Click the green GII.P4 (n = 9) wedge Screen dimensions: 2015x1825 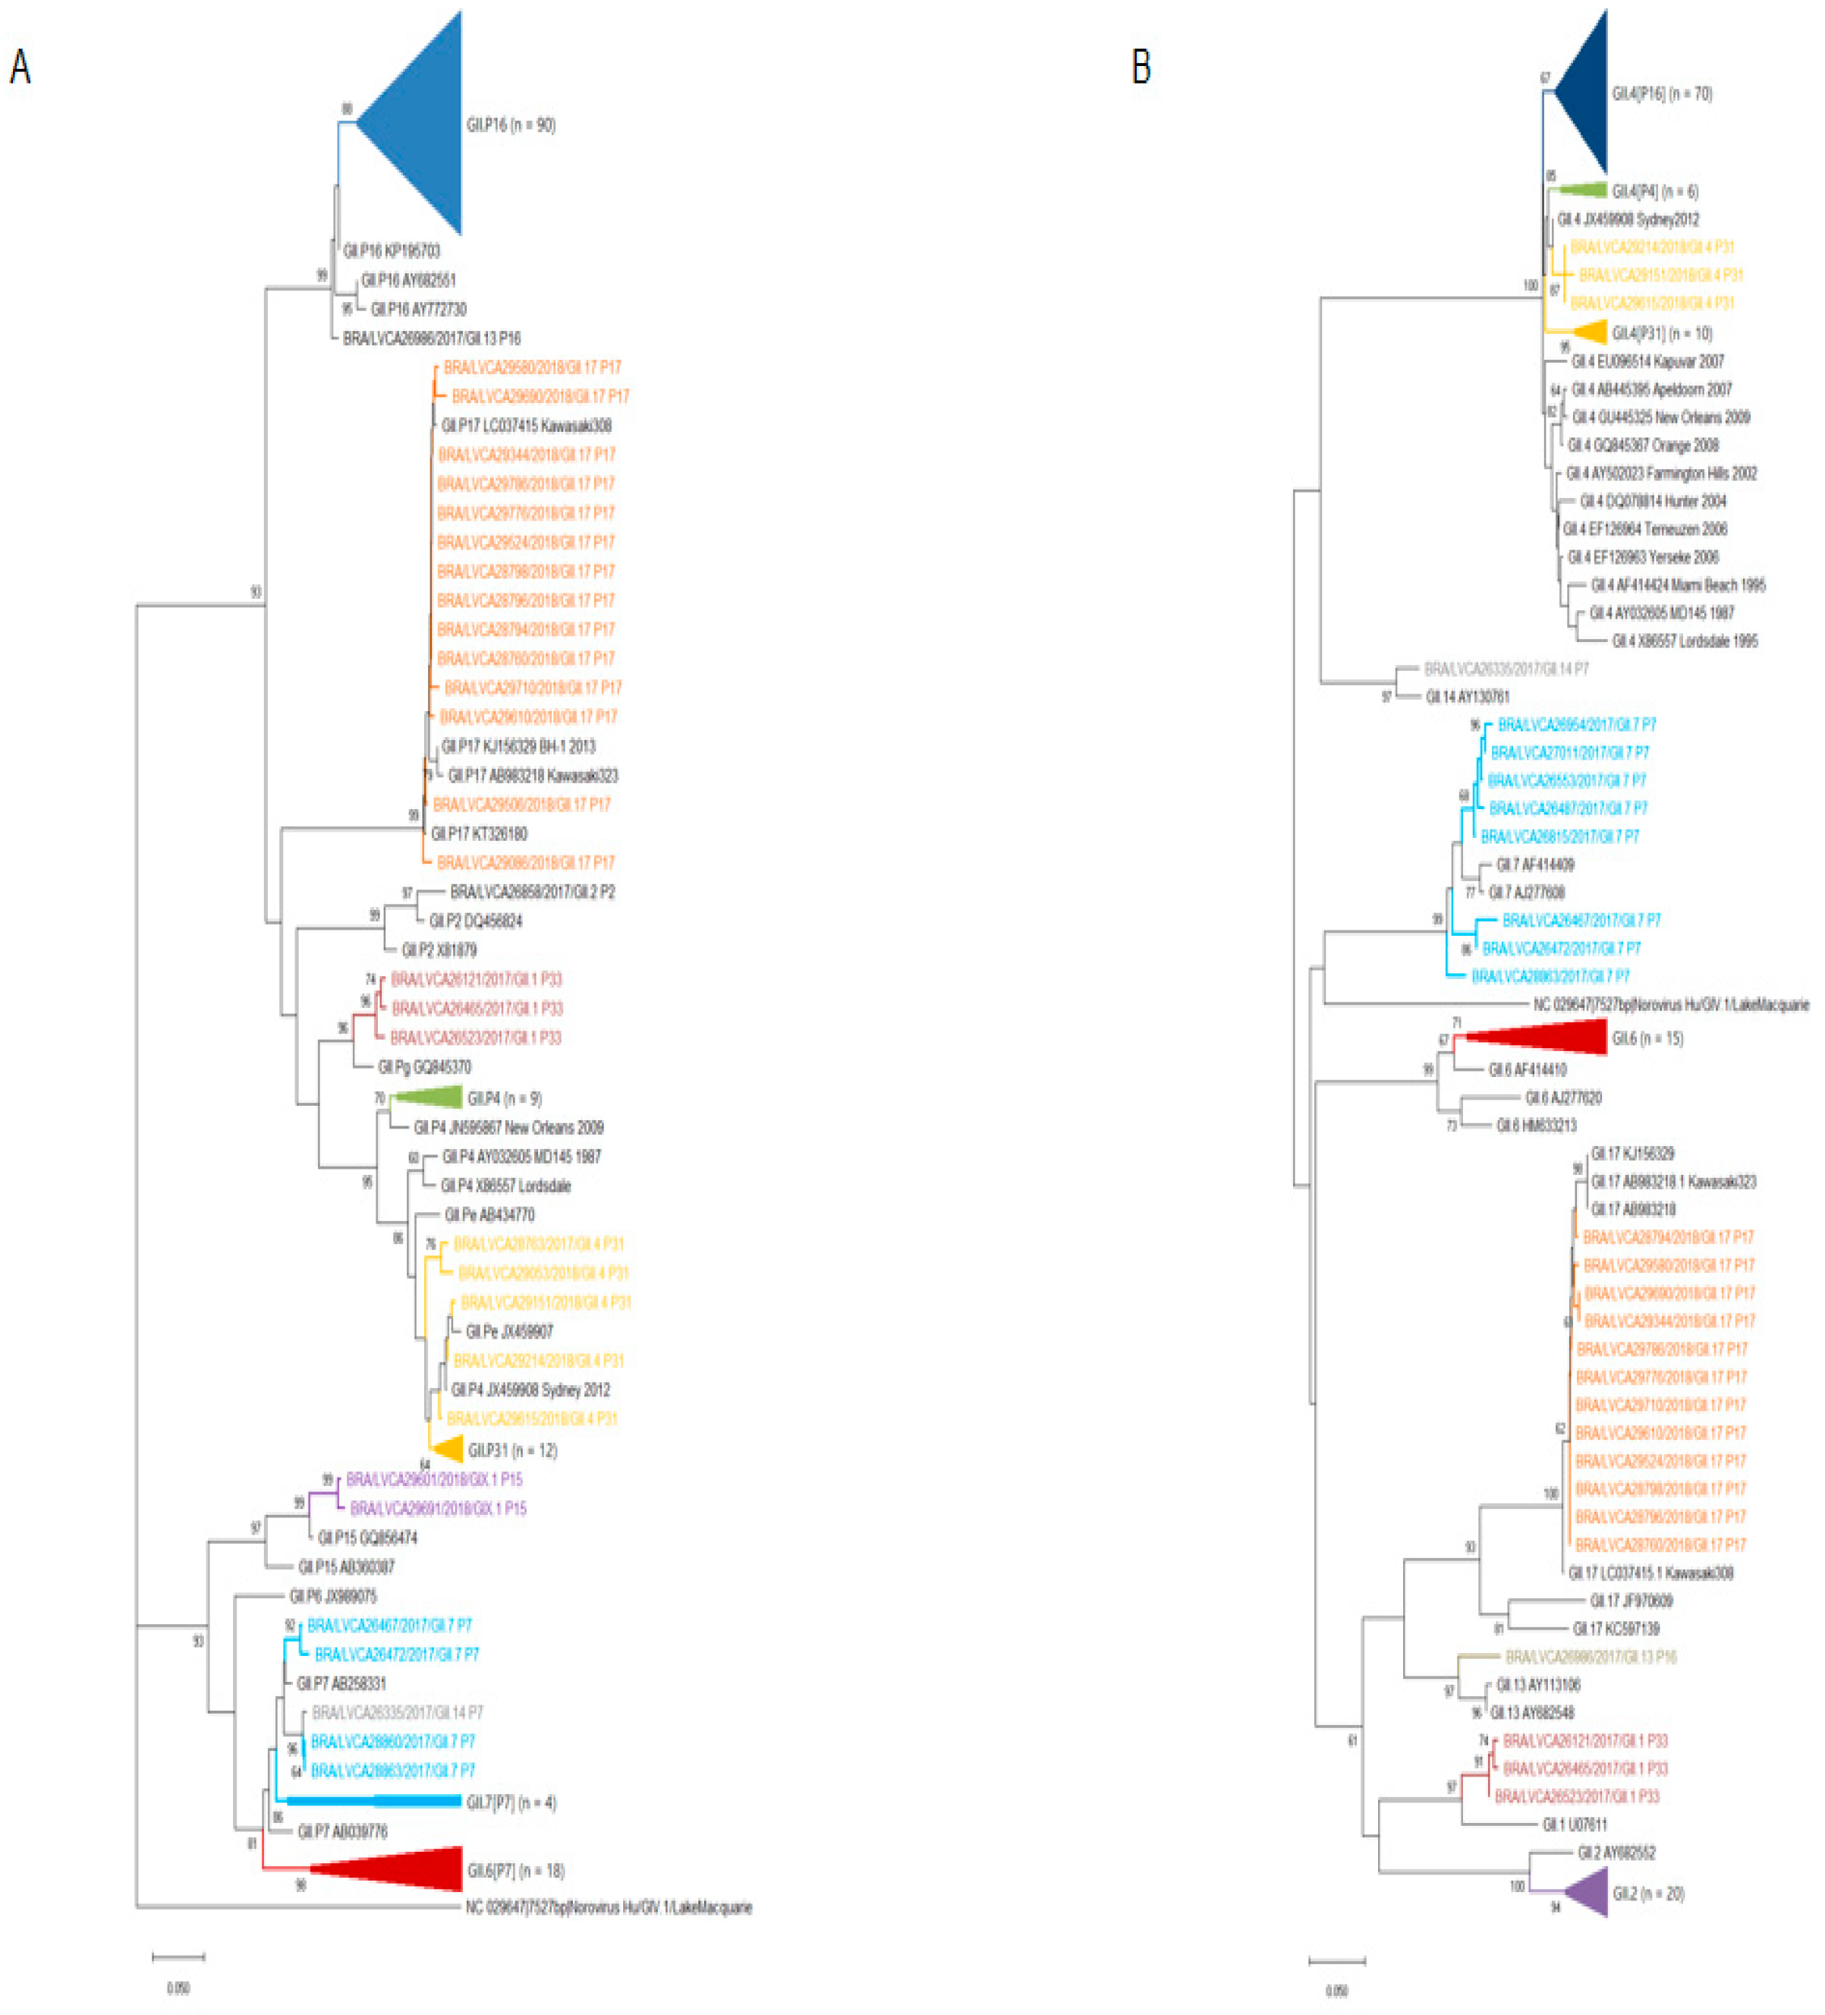click(430, 1097)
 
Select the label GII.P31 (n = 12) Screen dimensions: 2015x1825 click(511, 1450)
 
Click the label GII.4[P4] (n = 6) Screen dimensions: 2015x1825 click(1654, 191)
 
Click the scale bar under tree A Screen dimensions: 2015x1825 click(178, 1956)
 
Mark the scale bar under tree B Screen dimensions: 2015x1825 click(1336, 1960)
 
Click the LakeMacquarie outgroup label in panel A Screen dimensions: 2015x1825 click(608, 1907)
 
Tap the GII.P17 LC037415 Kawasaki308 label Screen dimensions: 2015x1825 click(526, 426)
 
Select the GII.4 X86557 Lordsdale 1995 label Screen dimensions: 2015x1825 click(1684, 641)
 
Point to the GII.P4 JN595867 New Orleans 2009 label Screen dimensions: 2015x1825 click(508, 1128)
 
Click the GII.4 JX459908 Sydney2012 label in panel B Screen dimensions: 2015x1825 click(1627, 219)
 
